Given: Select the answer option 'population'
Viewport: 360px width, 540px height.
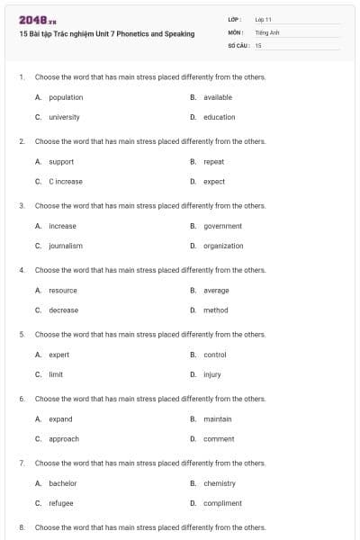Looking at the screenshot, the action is click(x=66, y=97).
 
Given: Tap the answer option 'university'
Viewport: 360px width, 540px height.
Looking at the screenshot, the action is click(x=64, y=117).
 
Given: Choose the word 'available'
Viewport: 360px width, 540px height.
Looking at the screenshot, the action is click(x=218, y=97).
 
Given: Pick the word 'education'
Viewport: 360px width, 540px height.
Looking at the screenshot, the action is click(x=219, y=117).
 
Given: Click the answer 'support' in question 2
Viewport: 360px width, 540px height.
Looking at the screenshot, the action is click(x=61, y=161).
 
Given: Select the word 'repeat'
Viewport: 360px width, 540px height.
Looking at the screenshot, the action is click(x=213, y=161).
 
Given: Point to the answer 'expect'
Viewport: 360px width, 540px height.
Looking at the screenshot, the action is click(x=214, y=181).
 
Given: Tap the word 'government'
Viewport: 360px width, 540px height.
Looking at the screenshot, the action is click(x=222, y=226).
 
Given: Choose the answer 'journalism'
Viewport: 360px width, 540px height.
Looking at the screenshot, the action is click(x=66, y=246).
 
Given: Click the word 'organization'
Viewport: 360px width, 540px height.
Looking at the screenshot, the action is click(x=223, y=246).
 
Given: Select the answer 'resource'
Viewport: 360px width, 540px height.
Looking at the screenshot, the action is click(x=63, y=290).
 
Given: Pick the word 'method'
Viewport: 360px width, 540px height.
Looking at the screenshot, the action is click(x=215, y=310).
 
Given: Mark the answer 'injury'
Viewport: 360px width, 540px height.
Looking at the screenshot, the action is click(x=212, y=374).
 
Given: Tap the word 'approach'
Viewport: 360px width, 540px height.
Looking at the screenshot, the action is click(x=64, y=438).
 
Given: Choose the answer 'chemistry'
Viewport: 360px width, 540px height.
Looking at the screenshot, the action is click(x=220, y=483).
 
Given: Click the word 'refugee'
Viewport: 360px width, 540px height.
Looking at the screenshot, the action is click(x=61, y=503).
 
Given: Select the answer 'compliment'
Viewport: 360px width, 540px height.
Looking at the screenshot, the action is click(x=222, y=503).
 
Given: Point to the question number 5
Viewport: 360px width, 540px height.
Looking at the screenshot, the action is click(x=21, y=334).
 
